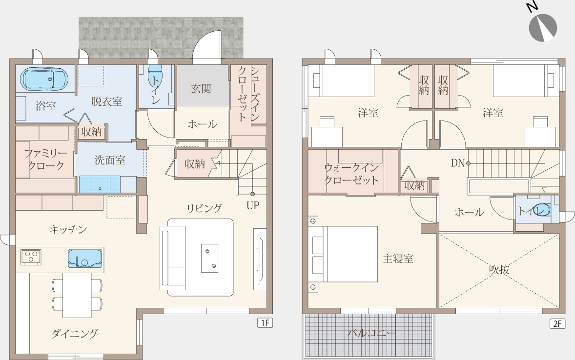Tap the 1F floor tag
265,323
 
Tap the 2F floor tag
557,323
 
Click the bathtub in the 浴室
44,79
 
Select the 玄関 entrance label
201,89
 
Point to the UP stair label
253,206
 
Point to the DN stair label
458,163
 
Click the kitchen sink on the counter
85,259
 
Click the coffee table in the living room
209,258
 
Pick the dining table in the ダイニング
77,295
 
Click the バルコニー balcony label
371,333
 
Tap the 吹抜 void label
499,269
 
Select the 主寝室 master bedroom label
398,259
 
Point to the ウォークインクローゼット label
351,174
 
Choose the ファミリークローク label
46,159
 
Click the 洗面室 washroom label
110,160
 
